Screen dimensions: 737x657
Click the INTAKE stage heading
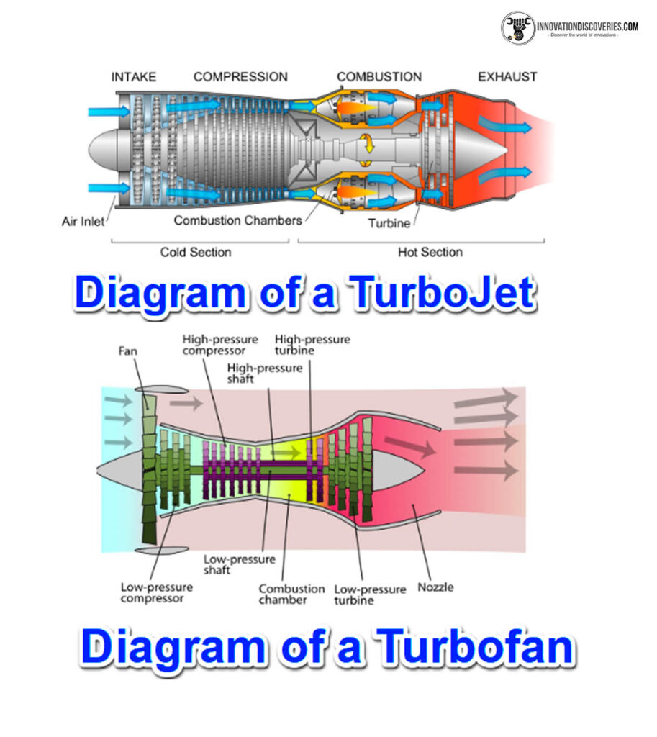coord(134,76)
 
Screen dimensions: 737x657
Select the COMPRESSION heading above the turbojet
coord(240,76)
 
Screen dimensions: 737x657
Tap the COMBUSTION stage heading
coord(379,76)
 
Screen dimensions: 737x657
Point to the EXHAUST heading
coord(507,76)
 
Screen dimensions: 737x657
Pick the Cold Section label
coord(196,252)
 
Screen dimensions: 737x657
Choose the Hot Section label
coord(430,252)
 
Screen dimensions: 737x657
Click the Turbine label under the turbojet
coord(389,223)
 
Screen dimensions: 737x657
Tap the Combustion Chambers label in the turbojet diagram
coord(238,220)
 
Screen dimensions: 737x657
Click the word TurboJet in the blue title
coord(439,294)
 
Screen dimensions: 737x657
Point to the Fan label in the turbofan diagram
coord(130,352)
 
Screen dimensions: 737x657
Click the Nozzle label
coord(435,587)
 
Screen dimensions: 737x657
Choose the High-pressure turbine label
coord(312,345)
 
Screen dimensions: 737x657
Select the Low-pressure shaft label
coord(229,564)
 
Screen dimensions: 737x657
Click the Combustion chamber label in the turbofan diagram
coord(283,594)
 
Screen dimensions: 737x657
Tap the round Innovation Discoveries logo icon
coord(518,27)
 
